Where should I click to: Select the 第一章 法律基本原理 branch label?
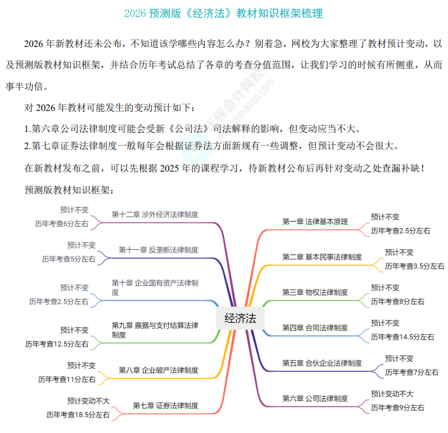tap(315, 221)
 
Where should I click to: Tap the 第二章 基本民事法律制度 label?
tap(322, 257)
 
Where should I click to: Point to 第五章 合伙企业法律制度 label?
tap(322, 363)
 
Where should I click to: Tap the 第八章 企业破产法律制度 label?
tap(159, 370)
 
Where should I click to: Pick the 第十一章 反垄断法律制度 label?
tap(159, 250)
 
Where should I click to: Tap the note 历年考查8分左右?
tap(398, 301)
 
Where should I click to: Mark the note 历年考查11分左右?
tap(67, 379)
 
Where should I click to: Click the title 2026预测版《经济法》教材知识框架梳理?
tap(224, 13)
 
